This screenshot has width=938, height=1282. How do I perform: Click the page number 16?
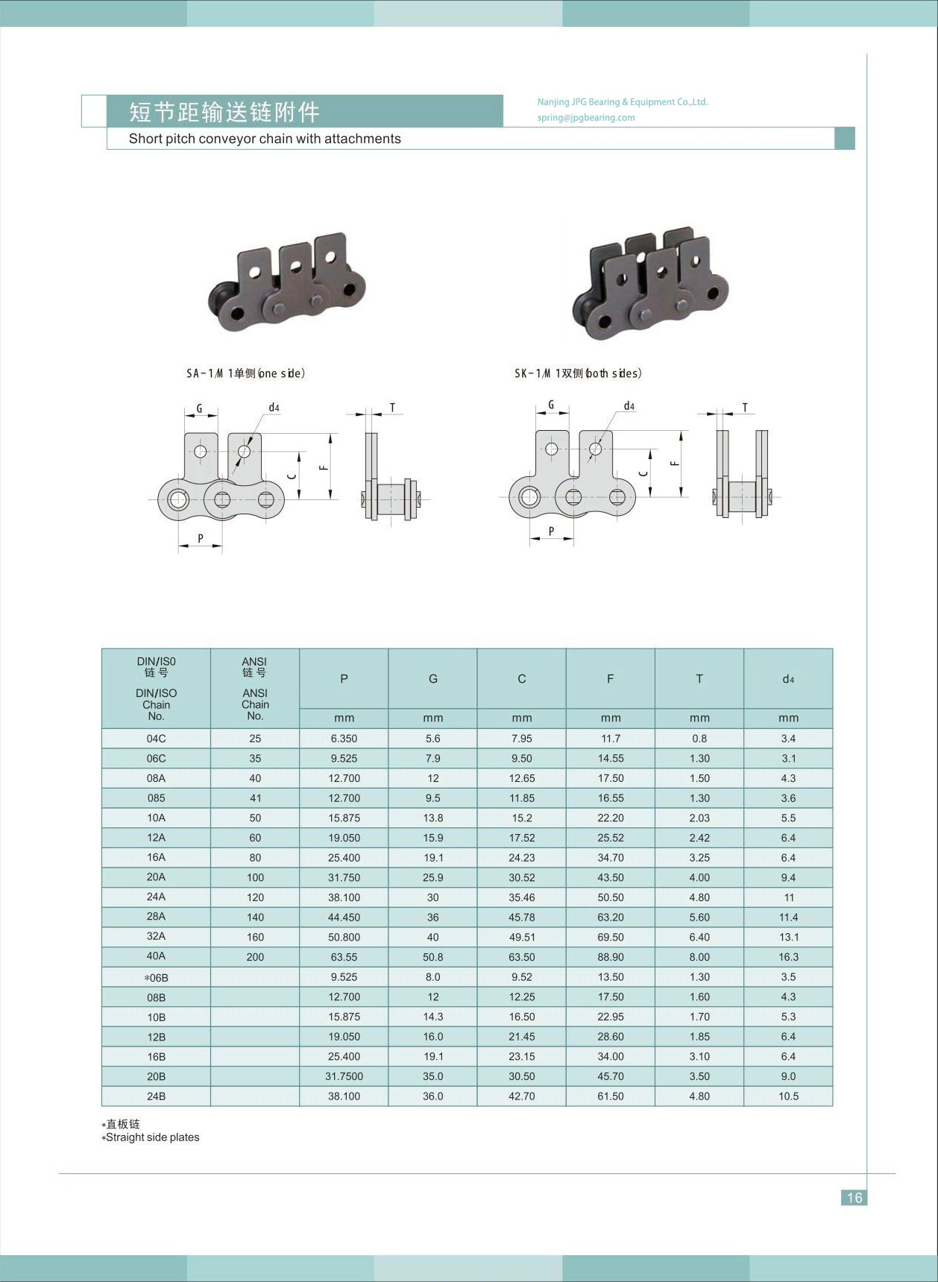(x=854, y=1197)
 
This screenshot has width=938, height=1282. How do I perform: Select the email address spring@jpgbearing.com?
(x=586, y=118)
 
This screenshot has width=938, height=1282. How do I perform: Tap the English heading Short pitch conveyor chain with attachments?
(x=265, y=139)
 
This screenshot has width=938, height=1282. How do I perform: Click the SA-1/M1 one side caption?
(x=245, y=373)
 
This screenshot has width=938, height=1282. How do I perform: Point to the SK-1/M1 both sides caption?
(x=578, y=373)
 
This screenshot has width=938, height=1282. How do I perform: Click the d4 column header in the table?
(x=788, y=679)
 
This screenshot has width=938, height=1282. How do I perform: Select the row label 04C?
(x=156, y=739)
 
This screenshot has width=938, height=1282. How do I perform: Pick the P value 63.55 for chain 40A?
(x=344, y=957)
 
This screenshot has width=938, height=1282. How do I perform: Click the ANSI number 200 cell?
(x=255, y=957)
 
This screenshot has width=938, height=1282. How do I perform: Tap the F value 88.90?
(x=611, y=957)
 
